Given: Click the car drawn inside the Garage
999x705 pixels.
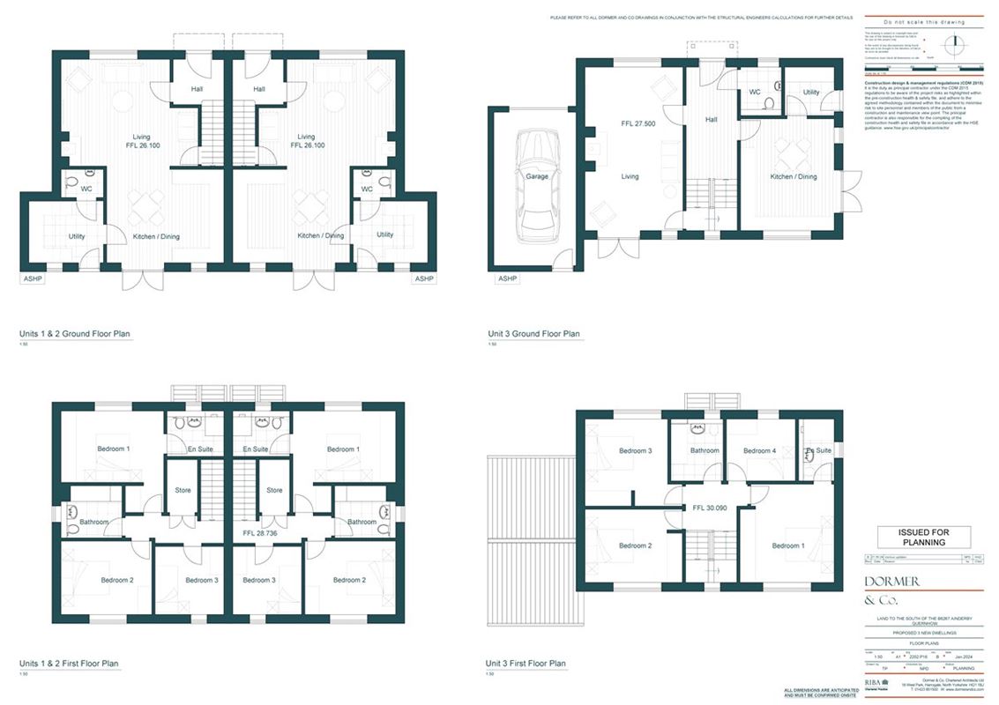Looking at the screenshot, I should click(x=539, y=186).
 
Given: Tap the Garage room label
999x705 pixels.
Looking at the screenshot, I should click(x=537, y=176).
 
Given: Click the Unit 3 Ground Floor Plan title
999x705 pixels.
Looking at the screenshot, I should click(x=533, y=334).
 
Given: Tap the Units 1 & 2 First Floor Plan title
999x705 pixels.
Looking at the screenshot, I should click(x=69, y=664).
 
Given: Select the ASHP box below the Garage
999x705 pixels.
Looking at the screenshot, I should click(x=507, y=278).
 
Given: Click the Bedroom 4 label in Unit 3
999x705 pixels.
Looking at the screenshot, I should click(x=759, y=451).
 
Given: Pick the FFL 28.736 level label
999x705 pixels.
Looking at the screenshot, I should click(x=261, y=534).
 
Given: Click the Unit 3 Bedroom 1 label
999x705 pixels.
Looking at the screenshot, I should click(x=787, y=546).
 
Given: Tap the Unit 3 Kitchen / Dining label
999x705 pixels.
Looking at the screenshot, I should click(x=794, y=176).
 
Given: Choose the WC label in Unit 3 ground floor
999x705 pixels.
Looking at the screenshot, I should click(x=755, y=92).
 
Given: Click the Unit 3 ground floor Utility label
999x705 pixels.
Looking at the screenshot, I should click(x=810, y=92).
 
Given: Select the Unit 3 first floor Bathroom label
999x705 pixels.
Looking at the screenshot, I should click(x=705, y=451).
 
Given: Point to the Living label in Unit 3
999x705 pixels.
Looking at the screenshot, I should click(x=630, y=176).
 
